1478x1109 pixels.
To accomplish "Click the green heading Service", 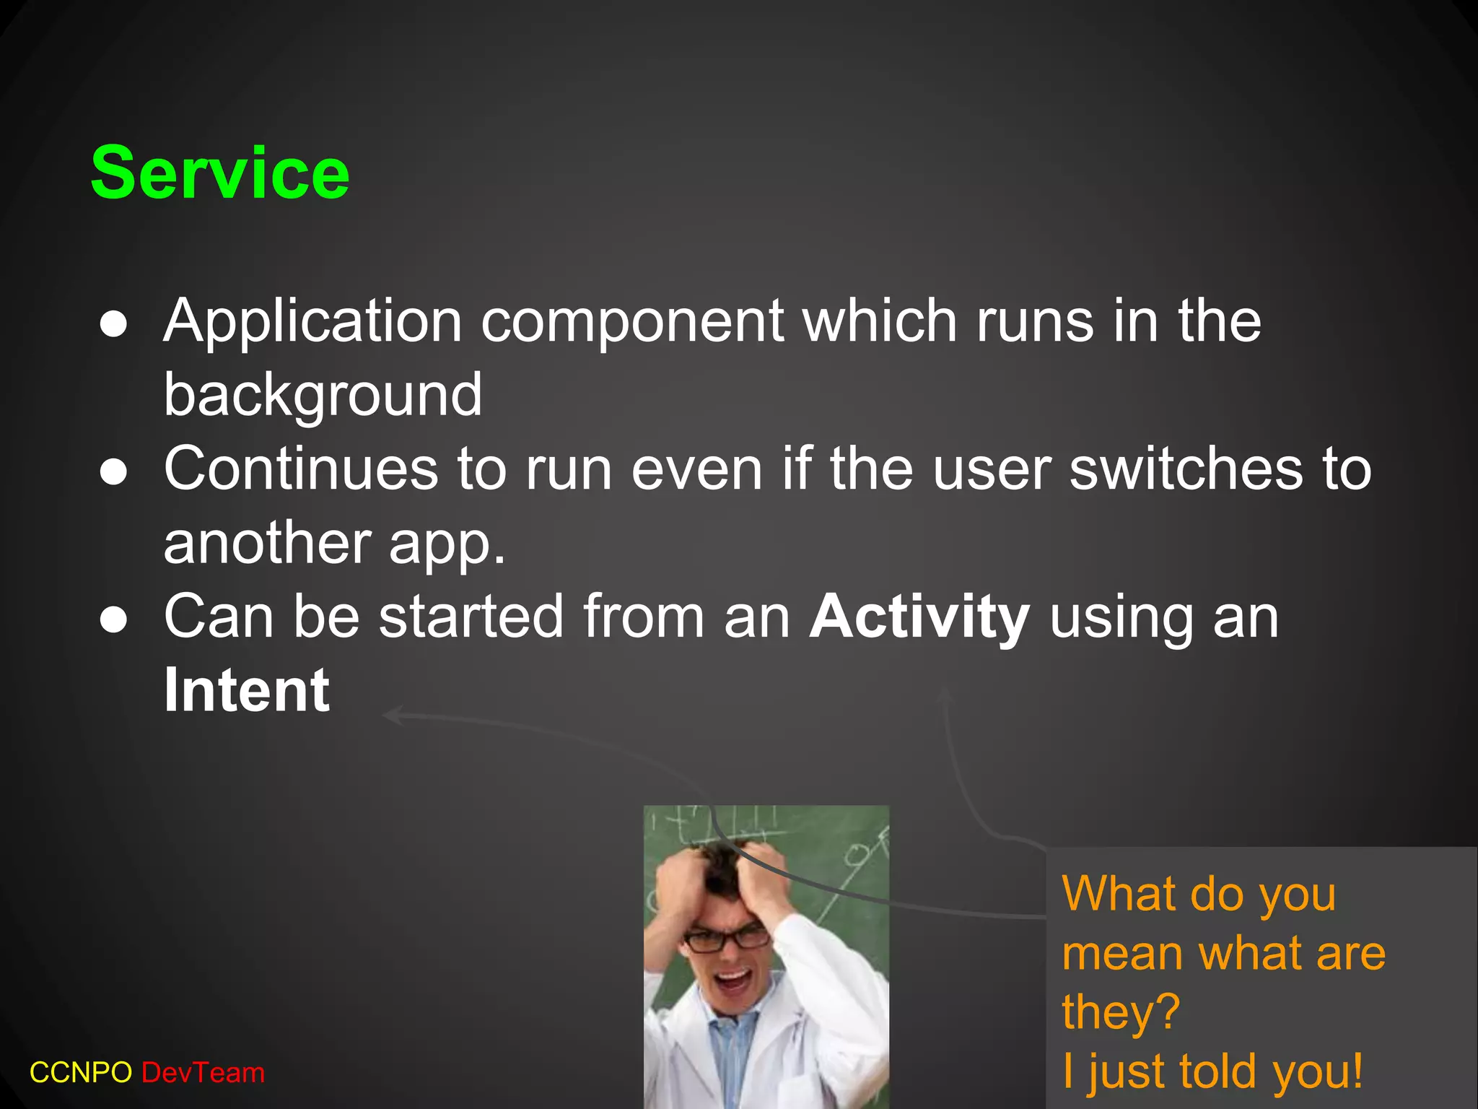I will click(x=219, y=173).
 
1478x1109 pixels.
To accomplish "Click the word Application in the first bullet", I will click(x=312, y=321).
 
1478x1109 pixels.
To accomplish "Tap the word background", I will click(x=323, y=396).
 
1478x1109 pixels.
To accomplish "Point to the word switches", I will click(x=1186, y=469).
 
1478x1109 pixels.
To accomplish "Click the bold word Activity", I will click(x=919, y=617).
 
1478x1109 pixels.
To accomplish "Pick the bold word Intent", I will click(x=247, y=691).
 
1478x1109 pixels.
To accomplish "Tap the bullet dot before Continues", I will click(x=114, y=473).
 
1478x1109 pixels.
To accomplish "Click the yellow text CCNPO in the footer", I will click(x=80, y=1073).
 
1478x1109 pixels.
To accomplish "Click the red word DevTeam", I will click(x=204, y=1073).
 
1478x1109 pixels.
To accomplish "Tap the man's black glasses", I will click(x=727, y=939).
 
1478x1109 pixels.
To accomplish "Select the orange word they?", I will click(x=1120, y=1012).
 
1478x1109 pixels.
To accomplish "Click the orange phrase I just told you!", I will click(x=1212, y=1071).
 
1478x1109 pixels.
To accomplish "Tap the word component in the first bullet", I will click(x=632, y=321).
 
